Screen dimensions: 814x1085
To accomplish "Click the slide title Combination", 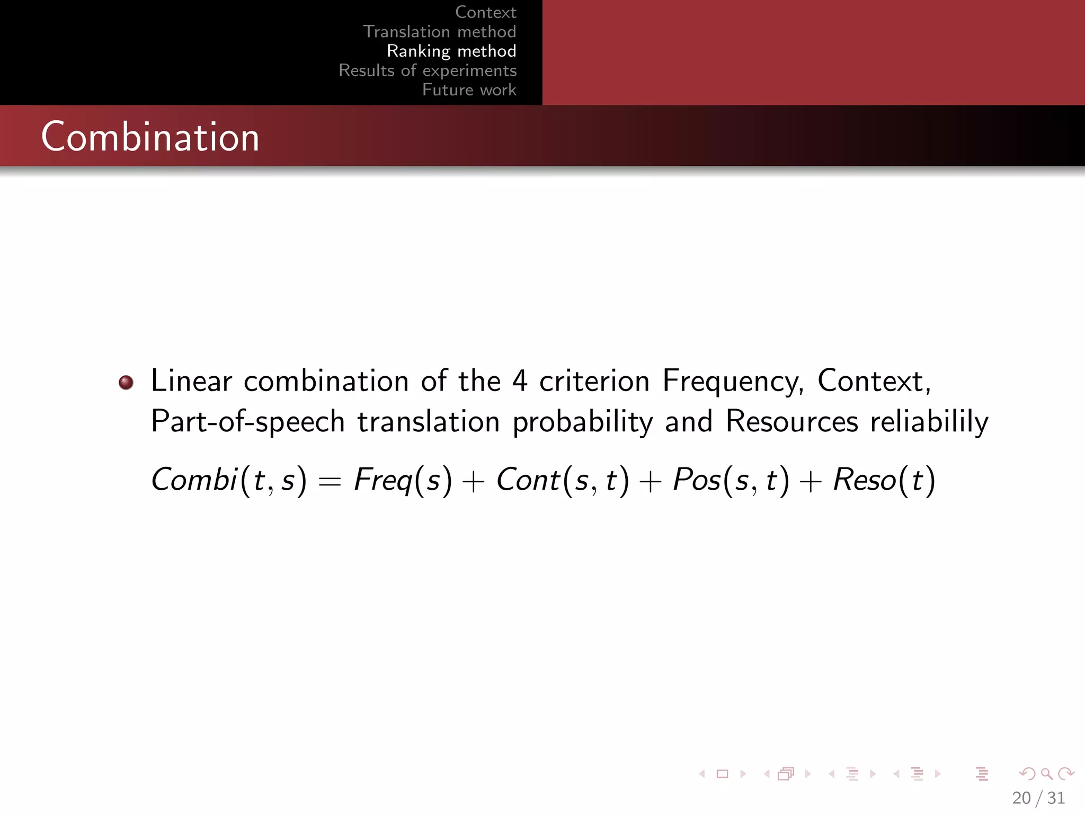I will point(150,137).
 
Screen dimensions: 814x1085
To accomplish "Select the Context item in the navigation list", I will point(485,12).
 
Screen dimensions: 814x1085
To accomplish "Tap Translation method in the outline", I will point(439,32).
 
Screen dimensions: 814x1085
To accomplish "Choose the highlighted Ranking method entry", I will point(451,51).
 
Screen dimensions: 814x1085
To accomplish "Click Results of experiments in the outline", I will point(428,70).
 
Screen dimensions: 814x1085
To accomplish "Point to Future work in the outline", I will point(469,90).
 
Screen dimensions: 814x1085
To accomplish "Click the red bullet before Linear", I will point(126,382).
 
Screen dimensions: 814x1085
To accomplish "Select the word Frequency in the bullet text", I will point(733,381).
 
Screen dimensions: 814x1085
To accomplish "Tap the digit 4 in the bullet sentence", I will point(520,381).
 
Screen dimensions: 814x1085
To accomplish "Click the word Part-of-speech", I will point(248,422).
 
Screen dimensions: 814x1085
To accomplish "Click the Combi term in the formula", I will point(194,480).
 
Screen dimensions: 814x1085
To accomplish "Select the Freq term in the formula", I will point(383,480).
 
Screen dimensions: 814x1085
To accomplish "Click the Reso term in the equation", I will point(864,480).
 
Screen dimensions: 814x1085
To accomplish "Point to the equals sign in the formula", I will point(330,481).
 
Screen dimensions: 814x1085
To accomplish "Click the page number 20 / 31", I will point(1038,798).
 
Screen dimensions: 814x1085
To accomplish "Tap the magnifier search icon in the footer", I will point(1046,774).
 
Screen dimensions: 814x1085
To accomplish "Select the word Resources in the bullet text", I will point(791,422).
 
